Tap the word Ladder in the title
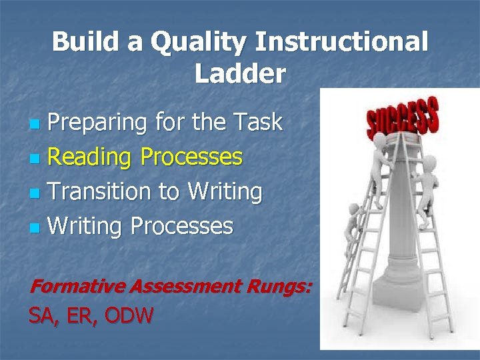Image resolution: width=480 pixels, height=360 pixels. click(x=240, y=73)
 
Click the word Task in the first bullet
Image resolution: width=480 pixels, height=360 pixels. click(x=257, y=123)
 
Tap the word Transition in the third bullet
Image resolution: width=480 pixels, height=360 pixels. click(x=100, y=192)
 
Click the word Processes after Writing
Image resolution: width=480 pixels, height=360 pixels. click(x=181, y=227)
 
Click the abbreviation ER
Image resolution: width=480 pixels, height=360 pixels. click(x=82, y=315)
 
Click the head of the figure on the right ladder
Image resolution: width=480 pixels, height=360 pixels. click(x=429, y=162)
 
